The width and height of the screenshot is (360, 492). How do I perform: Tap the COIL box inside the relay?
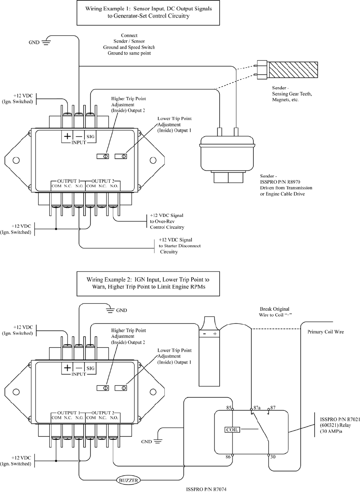[232, 430]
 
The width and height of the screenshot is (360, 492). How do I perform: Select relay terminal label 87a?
[257, 408]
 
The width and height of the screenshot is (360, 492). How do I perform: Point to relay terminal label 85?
[229, 408]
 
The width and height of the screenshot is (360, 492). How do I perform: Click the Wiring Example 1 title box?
[148, 13]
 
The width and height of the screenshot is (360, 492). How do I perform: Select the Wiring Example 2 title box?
[148, 284]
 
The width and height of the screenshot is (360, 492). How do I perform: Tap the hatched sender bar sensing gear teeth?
[294, 70]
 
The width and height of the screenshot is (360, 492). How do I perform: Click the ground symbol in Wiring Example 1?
[46, 42]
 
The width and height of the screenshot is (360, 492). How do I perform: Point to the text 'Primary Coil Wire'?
[326, 332]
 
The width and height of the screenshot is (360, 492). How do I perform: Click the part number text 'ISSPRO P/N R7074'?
[206, 489]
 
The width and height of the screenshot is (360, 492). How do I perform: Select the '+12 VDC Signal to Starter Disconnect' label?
[180, 246]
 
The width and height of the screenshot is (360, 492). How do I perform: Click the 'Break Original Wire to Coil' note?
[275, 312]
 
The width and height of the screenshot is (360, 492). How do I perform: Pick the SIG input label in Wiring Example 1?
[91, 137]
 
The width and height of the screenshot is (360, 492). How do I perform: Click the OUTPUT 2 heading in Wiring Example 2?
[103, 413]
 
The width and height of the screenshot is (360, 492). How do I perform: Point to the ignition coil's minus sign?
[205, 334]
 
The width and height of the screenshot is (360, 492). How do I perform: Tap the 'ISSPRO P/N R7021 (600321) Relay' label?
[340, 425]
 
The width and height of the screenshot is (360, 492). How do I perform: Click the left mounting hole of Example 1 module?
[16, 160]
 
